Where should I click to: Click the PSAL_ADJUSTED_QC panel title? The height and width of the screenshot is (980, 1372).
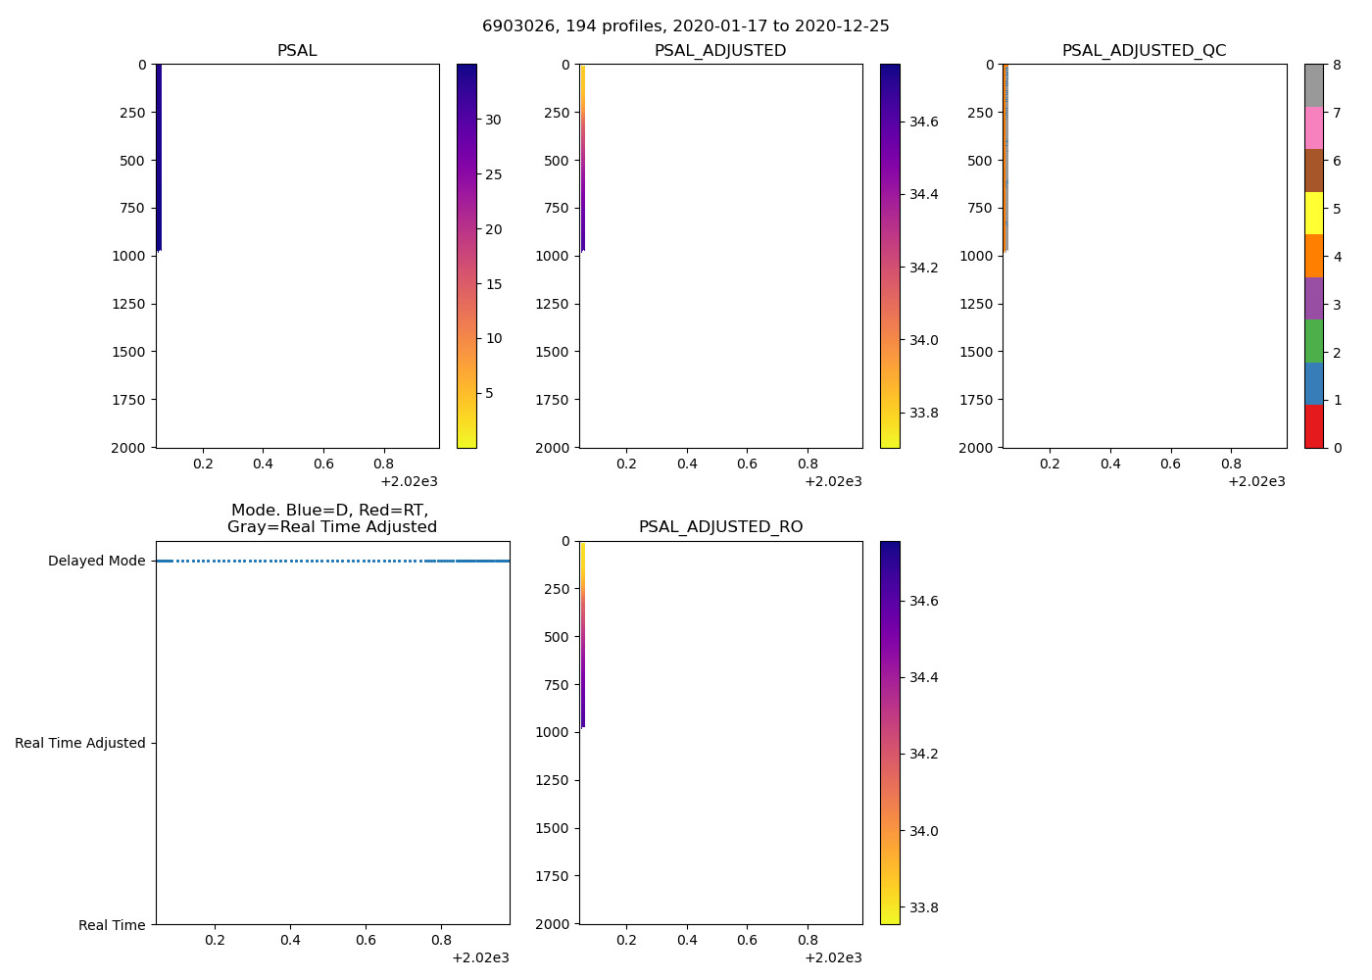point(1144,51)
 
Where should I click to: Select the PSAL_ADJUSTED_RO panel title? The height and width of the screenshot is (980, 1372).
point(720,527)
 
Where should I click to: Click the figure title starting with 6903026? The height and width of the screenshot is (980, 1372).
point(685,26)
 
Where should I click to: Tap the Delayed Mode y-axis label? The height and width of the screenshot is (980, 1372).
point(96,562)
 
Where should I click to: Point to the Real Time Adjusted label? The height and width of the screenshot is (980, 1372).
point(79,743)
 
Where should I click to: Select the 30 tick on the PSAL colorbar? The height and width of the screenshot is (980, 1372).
point(493,121)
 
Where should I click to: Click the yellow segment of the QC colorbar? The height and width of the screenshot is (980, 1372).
point(1313,213)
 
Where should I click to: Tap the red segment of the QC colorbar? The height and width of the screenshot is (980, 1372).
point(1313,426)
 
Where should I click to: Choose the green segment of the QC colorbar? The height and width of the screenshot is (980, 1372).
point(1313,341)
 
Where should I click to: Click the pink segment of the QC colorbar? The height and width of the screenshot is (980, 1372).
point(1313,127)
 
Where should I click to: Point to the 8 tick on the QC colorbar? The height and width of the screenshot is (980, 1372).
point(1336,66)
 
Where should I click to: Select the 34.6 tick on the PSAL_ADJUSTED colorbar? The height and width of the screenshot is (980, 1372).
point(923,122)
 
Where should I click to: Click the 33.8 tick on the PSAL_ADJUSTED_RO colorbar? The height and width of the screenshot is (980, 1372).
point(923,907)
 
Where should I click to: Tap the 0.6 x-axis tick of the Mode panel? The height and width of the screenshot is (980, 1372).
point(366,940)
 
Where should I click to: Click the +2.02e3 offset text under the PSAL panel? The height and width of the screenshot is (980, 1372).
point(409,481)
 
